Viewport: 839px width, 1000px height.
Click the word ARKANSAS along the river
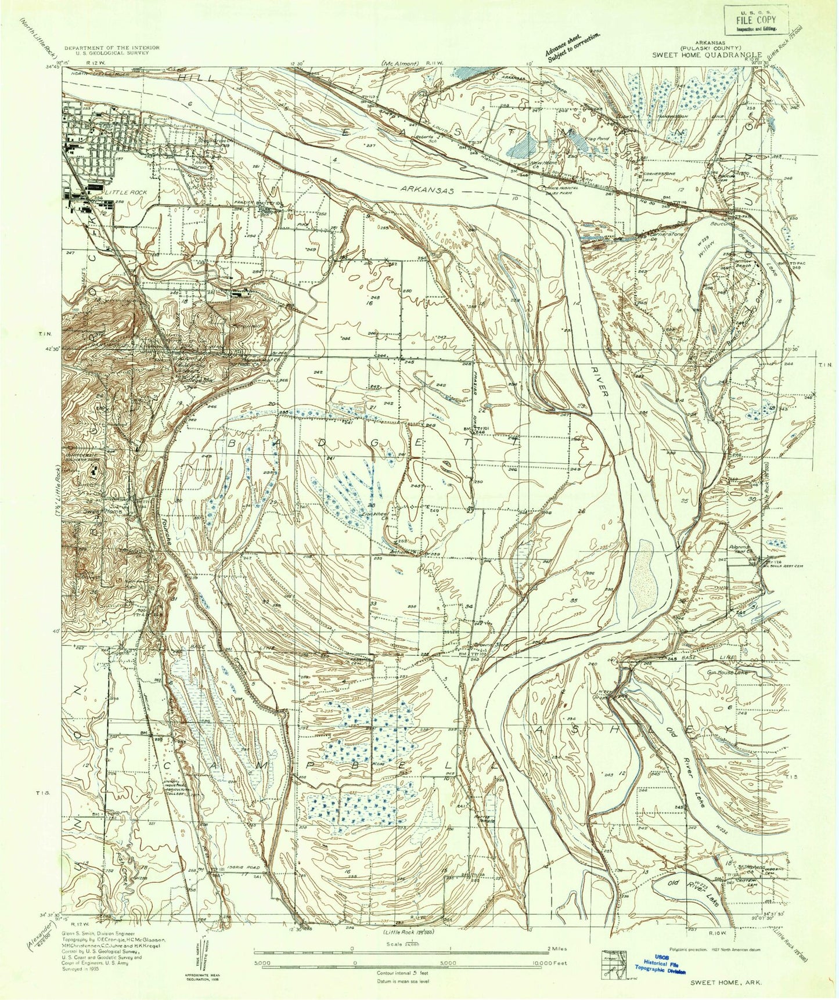427,190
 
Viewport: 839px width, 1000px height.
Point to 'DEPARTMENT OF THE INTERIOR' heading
106,47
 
